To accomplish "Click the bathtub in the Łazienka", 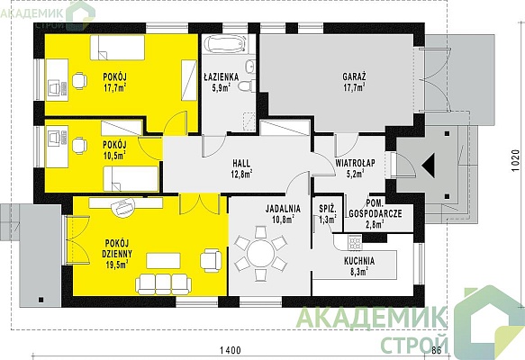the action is [226, 44].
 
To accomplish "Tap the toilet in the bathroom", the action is [247, 86].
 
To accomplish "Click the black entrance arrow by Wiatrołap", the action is [429, 166].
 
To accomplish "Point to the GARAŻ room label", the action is [354, 76].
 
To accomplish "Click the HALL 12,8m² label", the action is [241, 168].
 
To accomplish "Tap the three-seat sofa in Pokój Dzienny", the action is [163, 284].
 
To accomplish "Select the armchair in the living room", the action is [211, 260].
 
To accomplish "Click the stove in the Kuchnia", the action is [355, 242].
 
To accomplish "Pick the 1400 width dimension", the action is [231, 351].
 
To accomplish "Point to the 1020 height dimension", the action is [516, 160].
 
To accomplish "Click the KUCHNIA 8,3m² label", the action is [359, 265].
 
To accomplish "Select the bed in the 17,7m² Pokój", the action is [117, 48].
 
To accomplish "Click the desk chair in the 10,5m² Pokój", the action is [79, 146].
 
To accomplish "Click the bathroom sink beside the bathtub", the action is [250, 66].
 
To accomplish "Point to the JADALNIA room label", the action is [283, 209].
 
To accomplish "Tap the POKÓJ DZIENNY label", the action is [117, 248].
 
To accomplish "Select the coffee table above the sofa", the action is [163, 261].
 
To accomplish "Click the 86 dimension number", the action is [436, 351].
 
